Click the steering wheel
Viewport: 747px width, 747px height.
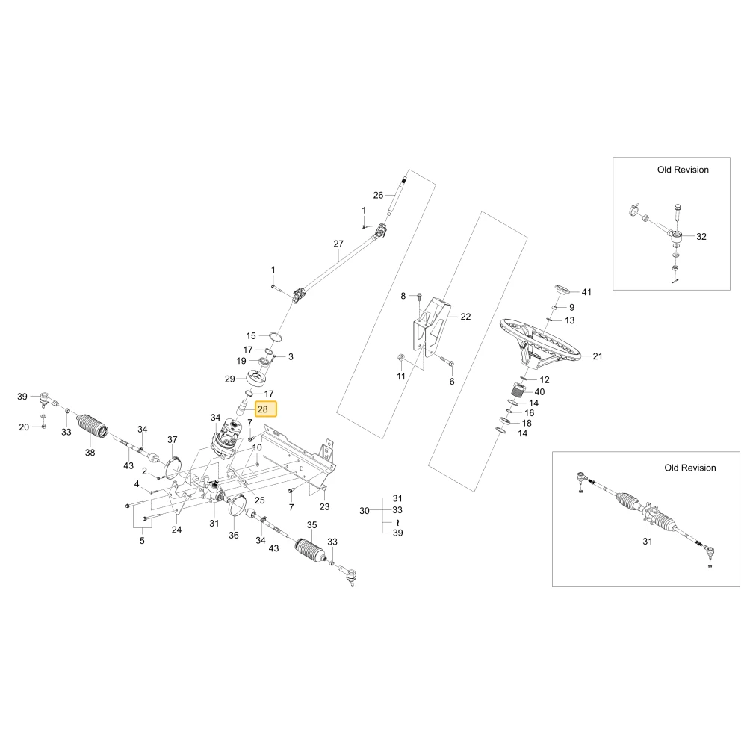540,342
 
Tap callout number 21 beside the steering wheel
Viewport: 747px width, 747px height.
598,356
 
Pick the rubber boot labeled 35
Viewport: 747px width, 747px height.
310,552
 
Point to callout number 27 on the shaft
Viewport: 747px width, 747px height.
338,244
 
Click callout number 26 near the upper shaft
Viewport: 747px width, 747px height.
378,195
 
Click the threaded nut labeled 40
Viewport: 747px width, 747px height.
518,391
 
